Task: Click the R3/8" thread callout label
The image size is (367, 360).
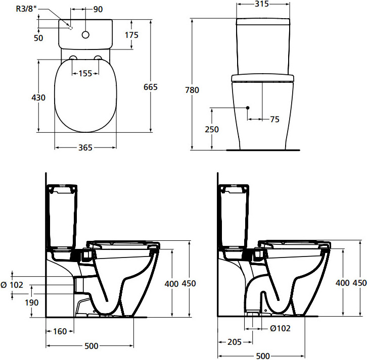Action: tap(26, 9)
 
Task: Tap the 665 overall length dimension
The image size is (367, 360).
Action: tap(151, 87)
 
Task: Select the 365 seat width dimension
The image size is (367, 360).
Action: tap(85, 147)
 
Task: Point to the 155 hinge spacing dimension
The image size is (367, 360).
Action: tap(85, 73)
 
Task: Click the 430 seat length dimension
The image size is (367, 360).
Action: tap(38, 97)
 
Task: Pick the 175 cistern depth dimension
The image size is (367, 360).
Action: tap(131, 35)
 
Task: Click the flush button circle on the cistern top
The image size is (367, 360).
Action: tap(85, 35)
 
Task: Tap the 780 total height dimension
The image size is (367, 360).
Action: tap(192, 90)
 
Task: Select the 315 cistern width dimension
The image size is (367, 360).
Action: tap(262, 4)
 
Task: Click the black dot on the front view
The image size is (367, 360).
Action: tap(248, 108)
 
